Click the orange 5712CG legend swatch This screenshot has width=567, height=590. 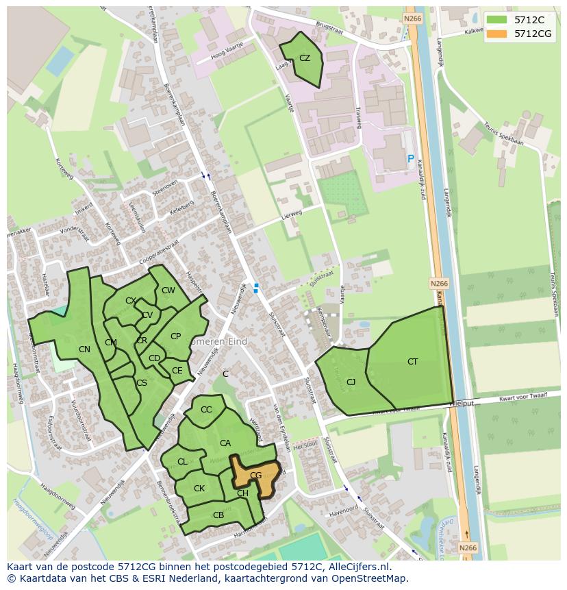(x=498, y=34)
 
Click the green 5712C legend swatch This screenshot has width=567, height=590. (x=498, y=20)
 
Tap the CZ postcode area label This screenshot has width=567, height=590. (x=305, y=58)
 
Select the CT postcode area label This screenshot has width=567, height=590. (x=412, y=362)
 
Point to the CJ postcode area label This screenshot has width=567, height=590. (x=351, y=382)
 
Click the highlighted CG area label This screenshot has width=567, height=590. (x=255, y=475)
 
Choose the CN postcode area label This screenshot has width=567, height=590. (x=84, y=349)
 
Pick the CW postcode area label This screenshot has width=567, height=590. (x=168, y=291)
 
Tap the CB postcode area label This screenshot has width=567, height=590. (x=218, y=515)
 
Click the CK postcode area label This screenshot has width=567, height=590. (x=199, y=489)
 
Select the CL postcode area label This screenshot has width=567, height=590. (x=182, y=462)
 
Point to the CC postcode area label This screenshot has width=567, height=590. (x=206, y=410)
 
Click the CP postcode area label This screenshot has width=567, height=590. (x=175, y=336)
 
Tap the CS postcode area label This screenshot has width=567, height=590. (x=142, y=383)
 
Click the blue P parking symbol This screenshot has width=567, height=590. (x=411, y=159)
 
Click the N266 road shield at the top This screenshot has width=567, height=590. (x=412, y=19)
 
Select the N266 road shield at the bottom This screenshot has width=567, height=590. (x=468, y=548)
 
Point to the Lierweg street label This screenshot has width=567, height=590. (x=291, y=215)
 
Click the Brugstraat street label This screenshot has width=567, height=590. (x=328, y=24)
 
